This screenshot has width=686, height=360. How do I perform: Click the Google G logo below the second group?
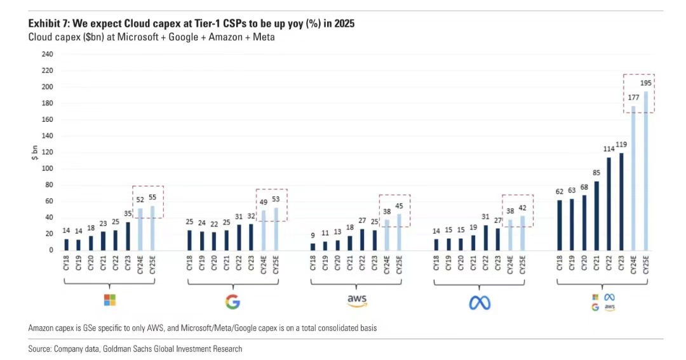pyautogui.click(x=233, y=302)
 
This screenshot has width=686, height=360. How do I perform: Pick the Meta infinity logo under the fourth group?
pyautogui.click(x=480, y=303)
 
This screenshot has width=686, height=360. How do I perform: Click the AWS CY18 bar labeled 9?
pyautogui.click(x=313, y=246)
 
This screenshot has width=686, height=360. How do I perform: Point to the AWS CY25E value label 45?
pyautogui.click(x=398, y=205)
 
